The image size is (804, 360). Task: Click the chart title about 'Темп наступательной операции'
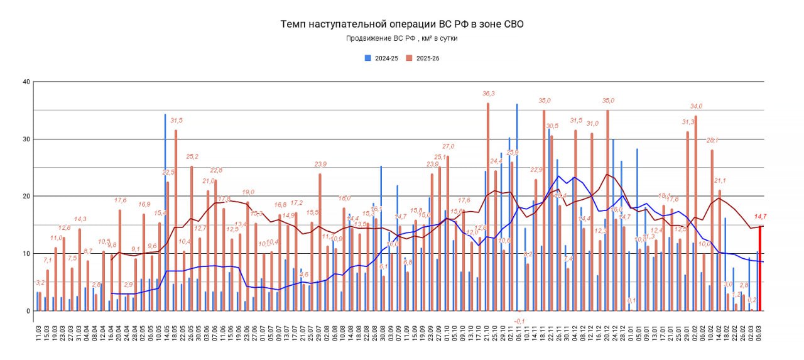[x=402, y=25]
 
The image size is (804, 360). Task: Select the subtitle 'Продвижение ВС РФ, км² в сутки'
[x=402, y=38]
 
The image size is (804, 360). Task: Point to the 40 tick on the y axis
[x=26, y=82]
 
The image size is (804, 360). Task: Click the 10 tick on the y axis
[x=26, y=253]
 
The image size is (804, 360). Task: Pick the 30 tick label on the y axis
[x=26, y=139]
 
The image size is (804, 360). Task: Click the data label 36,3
[x=488, y=94]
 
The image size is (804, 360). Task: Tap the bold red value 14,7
[x=761, y=216]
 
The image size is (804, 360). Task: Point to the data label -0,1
[x=519, y=320]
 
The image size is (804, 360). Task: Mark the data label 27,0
[x=448, y=146]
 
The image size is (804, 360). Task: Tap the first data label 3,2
[x=40, y=283]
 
